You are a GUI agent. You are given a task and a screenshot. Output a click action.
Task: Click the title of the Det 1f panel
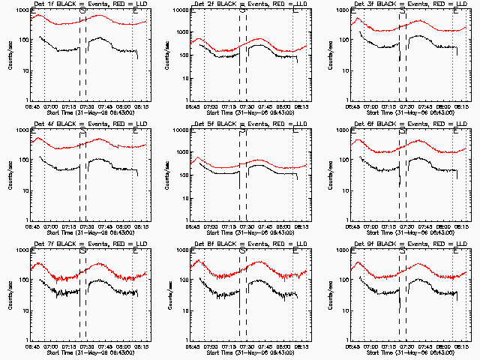click(91, 4)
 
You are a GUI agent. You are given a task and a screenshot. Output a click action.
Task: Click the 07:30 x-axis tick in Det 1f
click(89, 106)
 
